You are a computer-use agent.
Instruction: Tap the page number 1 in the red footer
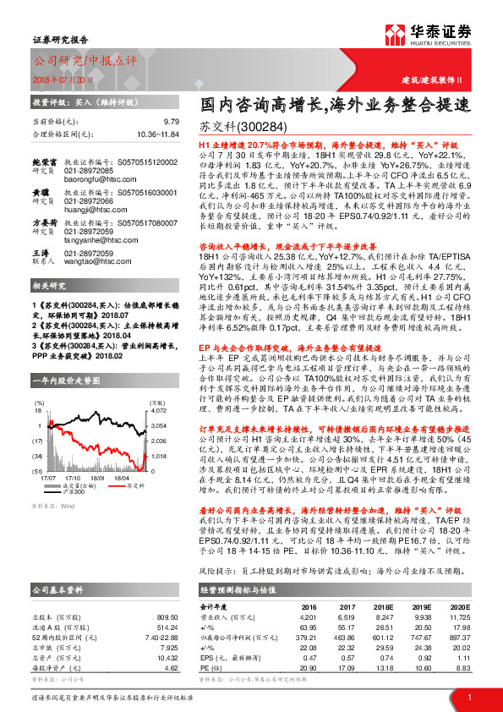(469, 698)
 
